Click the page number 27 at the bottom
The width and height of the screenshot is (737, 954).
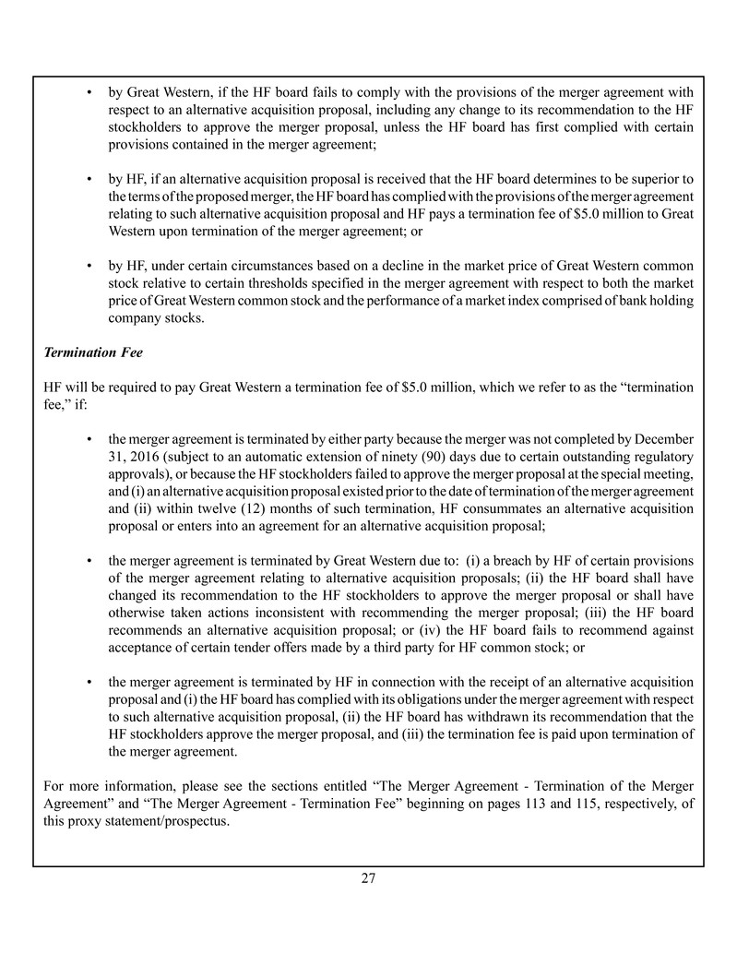pos(368,878)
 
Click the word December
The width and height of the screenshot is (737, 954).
pos(664,439)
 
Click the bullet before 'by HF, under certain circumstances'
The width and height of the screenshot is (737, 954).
pos(88,267)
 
